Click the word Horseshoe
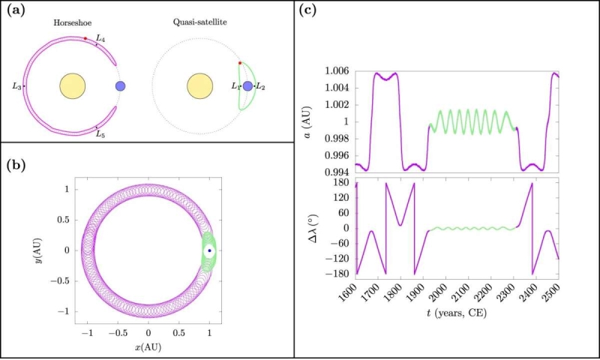pos(72,23)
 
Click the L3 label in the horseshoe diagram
pos(16,87)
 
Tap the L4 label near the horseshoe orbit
pos(101,37)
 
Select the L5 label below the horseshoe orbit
pos(100,133)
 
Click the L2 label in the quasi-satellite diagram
pos(261,87)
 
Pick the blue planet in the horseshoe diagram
pos(120,86)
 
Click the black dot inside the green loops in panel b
pos(209,250)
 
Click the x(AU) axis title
pos(148,349)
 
